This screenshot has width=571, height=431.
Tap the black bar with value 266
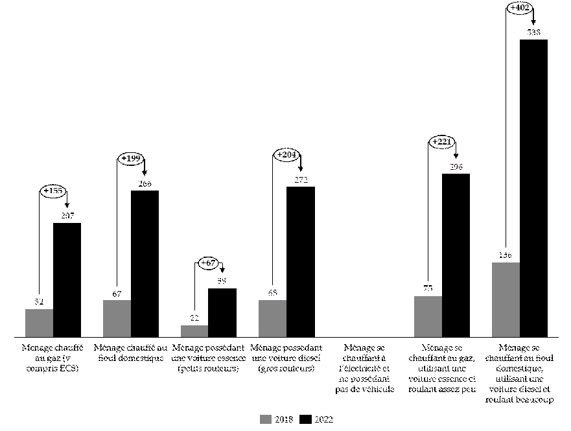click(x=145, y=263)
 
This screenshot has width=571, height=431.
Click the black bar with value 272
click(x=300, y=261)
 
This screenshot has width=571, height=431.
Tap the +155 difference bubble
click(x=54, y=191)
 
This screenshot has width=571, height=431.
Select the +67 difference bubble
click(x=209, y=263)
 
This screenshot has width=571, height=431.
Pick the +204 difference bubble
click(x=287, y=155)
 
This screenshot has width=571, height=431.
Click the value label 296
click(x=456, y=167)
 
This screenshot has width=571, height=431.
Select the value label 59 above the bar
click(x=222, y=281)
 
